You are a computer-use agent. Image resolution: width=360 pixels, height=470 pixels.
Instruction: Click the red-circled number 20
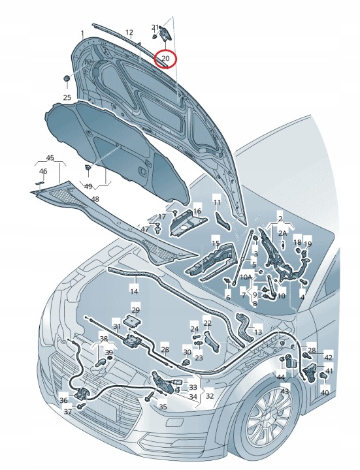pos(166,59)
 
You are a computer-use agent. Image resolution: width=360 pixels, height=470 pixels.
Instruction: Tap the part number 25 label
pos(67,97)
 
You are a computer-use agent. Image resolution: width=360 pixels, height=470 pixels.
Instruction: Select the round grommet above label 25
pos(67,78)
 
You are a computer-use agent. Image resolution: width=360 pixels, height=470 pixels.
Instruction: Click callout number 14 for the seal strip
pos(134,291)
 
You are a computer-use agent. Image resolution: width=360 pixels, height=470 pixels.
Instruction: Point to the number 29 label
pos(136,310)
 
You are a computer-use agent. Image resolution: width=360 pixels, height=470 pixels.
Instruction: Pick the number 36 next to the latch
pos(63,400)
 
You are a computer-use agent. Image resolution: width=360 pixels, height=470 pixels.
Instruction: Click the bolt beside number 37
pos(81,406)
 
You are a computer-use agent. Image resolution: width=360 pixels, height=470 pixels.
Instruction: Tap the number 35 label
pos(163,407)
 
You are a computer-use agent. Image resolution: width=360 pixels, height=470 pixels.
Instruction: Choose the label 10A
pos(246,277)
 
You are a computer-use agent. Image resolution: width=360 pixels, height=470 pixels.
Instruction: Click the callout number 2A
pos(283,234)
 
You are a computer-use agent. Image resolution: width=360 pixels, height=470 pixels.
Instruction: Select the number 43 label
pos(285,391)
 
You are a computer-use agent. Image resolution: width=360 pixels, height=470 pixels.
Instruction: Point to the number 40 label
pos(325,393)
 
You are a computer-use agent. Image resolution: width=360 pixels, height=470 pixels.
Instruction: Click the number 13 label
pos(258,332)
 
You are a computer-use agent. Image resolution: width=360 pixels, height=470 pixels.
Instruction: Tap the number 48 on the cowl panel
pos(95,199)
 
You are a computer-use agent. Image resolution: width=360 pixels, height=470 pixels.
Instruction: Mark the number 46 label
pos(43,171)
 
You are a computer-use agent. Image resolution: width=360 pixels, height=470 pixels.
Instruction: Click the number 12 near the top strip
pos(129,32)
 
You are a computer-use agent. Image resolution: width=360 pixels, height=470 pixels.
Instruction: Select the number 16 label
pos(197,211)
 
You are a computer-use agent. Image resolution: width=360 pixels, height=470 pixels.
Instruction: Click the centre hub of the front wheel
pos(268,417)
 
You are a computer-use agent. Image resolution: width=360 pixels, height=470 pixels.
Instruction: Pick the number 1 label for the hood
pos(82,33)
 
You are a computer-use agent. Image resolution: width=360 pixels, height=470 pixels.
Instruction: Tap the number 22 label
pos(208,323)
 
